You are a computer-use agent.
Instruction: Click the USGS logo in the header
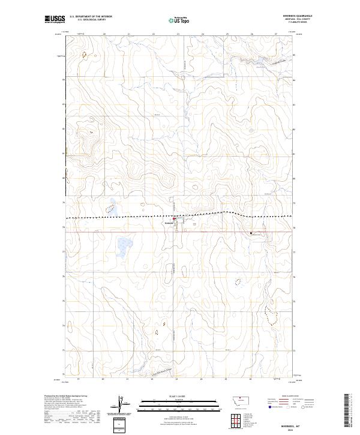pyautogui.click(x=55, y=19)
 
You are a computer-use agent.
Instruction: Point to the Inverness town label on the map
pyautogui.click(x=168, y=223)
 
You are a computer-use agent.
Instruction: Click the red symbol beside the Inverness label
pyautogui.click(x=175, y=220)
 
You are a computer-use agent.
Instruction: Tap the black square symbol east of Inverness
pyautogui.click(x=251, y=232)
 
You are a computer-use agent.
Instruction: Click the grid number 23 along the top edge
pyautogui.click(x=178, y=34)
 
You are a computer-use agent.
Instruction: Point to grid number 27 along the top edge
pyautogui.click(x=275, y=34)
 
